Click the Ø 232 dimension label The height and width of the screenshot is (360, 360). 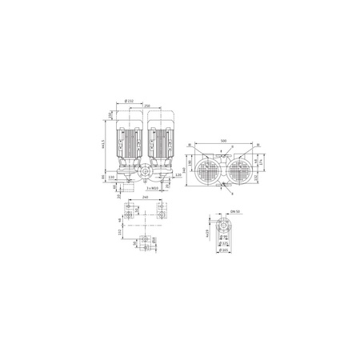130,101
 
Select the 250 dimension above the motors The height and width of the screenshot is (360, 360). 148,106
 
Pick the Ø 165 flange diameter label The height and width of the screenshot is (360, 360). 225,253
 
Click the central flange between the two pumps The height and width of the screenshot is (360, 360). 145,174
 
